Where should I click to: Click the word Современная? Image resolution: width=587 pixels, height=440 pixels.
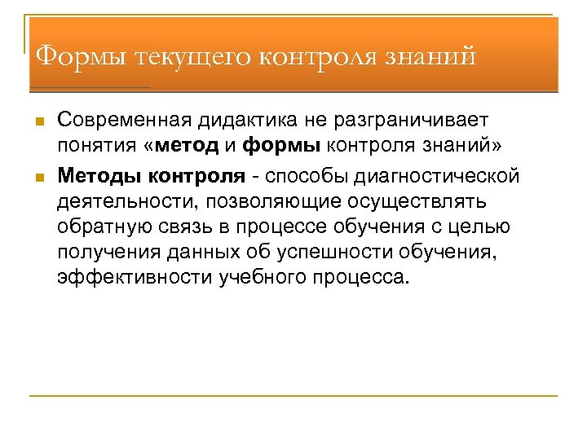(x=122, y=121)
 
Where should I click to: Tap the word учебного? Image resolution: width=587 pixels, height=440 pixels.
(x=262, y=278)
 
